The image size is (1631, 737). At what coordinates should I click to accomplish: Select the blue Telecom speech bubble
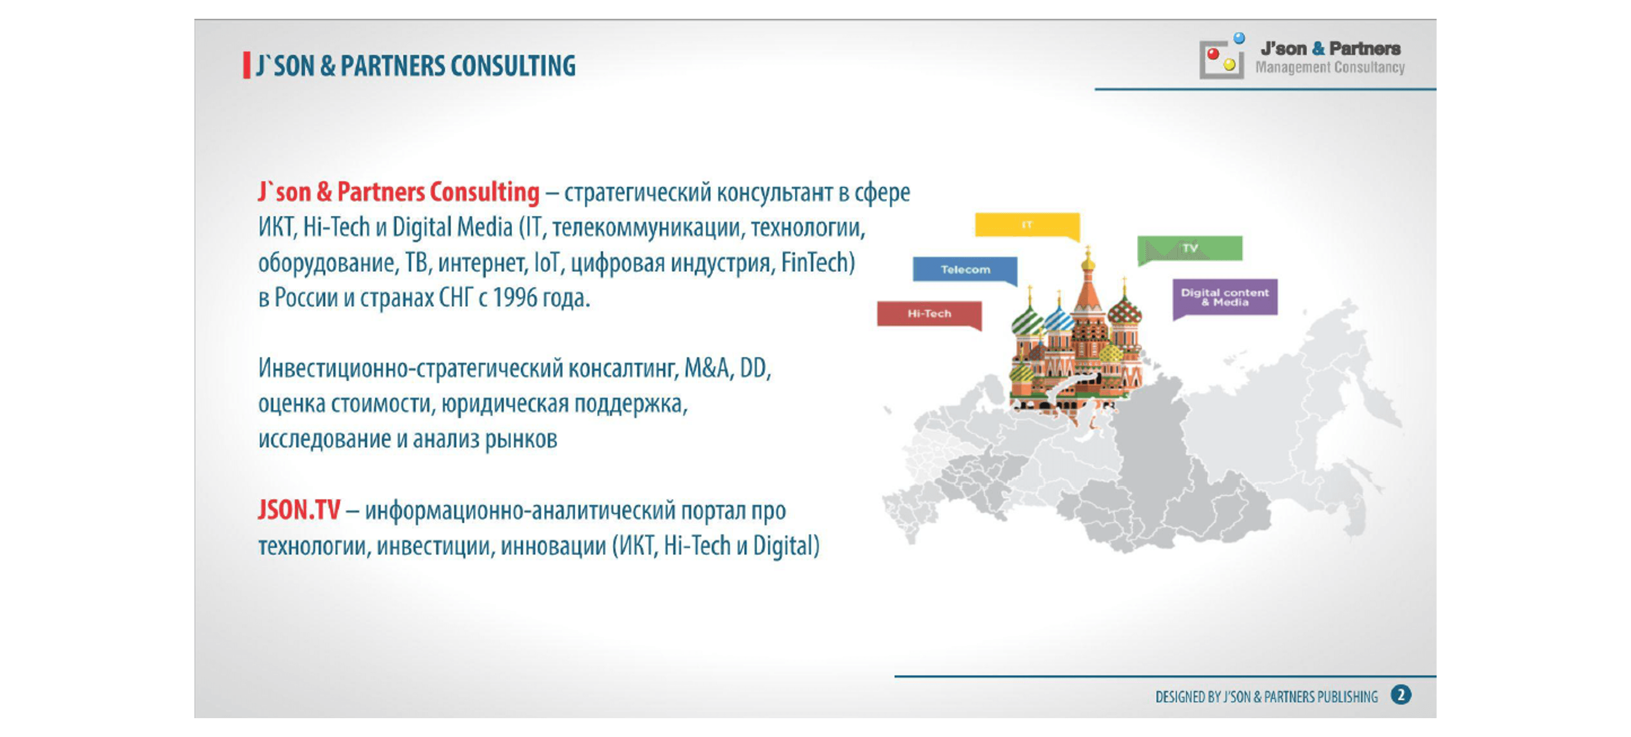point(965,270)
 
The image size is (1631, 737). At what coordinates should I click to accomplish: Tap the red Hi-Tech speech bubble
point(929,314)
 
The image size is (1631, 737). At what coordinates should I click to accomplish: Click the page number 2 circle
point(1401,695)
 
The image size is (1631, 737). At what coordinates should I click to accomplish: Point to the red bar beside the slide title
point(246,66)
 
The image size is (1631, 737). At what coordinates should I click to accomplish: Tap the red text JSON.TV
point(299,510)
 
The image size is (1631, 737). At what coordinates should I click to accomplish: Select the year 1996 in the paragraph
point(515,297)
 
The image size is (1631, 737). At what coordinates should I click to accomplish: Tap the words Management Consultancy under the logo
point(1329,68)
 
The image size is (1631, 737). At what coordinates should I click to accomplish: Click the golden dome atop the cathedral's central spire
point(1088,259)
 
